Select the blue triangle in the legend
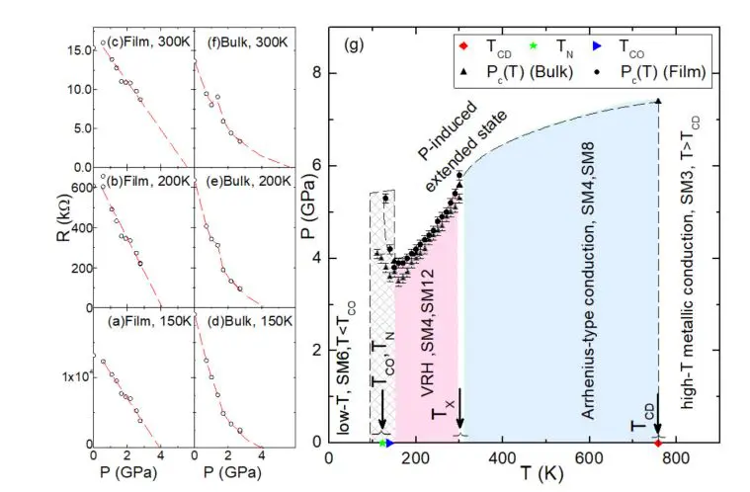[x=607, y=45]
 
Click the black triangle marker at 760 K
[x=658, y=101]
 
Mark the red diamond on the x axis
[x=658, y=443]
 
